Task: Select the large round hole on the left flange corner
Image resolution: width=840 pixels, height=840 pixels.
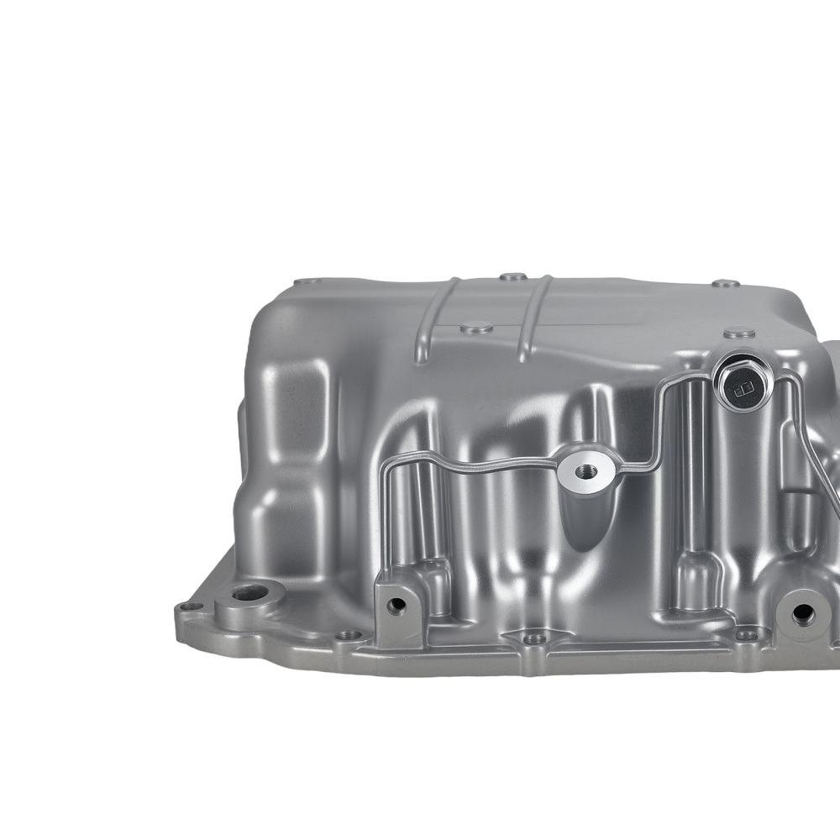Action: pyautogui.click(x=249, y=593)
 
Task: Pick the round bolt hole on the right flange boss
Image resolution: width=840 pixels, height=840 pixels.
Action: pyautogui.click(x=802, y=612)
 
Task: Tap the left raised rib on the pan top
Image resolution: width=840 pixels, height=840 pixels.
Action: pyautogui.click(x=437, y=320)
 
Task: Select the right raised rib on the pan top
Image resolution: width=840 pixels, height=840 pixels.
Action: pyautogui.click(x=534, y=318)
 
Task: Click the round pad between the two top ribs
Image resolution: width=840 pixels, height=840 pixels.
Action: pyautogui.click(x=477, y=328)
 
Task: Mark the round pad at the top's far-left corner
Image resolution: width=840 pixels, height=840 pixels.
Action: pyautogui.click(x=309, y=281)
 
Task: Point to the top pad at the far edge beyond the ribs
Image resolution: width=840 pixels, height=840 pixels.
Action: pyautogui.click(x=512, y=276)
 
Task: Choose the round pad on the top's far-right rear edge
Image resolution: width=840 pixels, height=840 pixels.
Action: pyautogui.click(x=725, y=284)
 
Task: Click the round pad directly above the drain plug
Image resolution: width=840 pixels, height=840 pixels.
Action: pyautogui.click(x=738, y=333)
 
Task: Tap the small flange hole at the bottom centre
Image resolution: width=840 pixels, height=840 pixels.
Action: pyautogui.click(x=531, y=639)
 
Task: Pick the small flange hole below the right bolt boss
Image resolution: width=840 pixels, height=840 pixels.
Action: pyautogui.click(x=744, y=635)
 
